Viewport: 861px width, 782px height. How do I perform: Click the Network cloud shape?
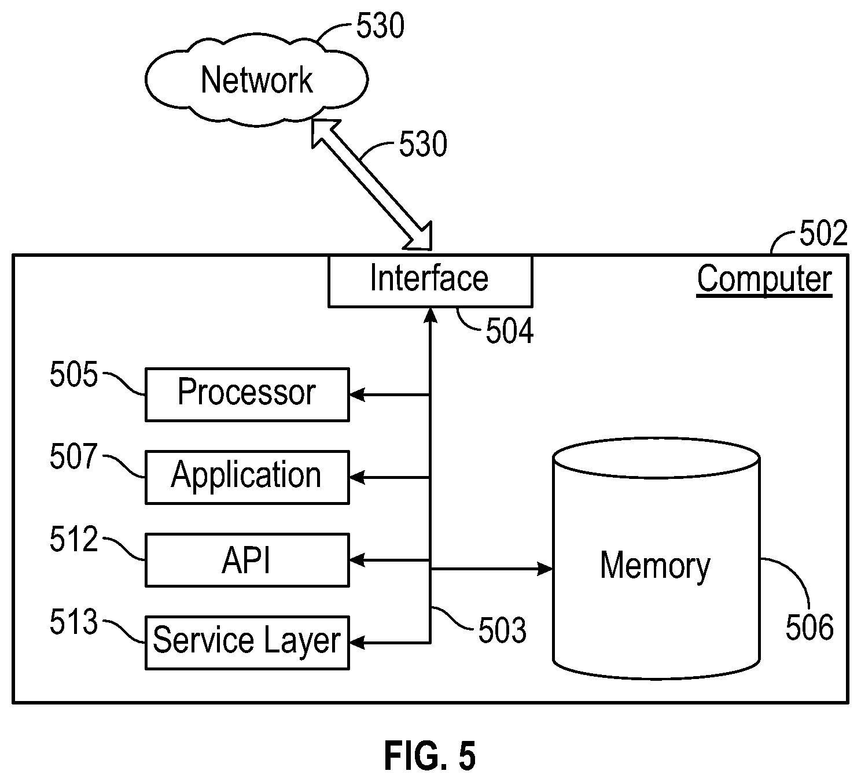(256, 80)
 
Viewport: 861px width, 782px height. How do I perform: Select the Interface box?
(430, 281)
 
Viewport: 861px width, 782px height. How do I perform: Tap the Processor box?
(247, 394)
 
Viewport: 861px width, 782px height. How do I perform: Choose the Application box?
(247, 477)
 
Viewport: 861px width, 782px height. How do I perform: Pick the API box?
(247, 560)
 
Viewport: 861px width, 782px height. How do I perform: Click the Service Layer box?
(247, 643)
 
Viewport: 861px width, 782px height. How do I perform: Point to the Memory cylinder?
(656, 558)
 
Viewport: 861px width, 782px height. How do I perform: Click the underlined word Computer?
(764, 279)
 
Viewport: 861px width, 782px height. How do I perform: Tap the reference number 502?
(823, 233)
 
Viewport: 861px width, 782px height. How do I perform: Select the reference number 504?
(509, 331)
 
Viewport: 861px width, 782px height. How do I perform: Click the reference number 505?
(74, 374)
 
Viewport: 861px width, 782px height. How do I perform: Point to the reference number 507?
(74, 457)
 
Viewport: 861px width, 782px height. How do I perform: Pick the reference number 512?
(74, 539)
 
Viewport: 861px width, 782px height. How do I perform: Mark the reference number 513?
(74, 622)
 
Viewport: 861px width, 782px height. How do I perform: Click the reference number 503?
(502, 630)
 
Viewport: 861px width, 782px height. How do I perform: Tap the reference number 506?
(810, 628)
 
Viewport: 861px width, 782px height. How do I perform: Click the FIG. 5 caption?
(430, 756)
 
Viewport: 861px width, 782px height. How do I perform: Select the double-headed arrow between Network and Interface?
(371, 185)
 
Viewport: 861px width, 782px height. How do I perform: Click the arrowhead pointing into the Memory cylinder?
(545, 569)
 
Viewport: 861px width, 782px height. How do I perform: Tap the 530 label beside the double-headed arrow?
(423, 144)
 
